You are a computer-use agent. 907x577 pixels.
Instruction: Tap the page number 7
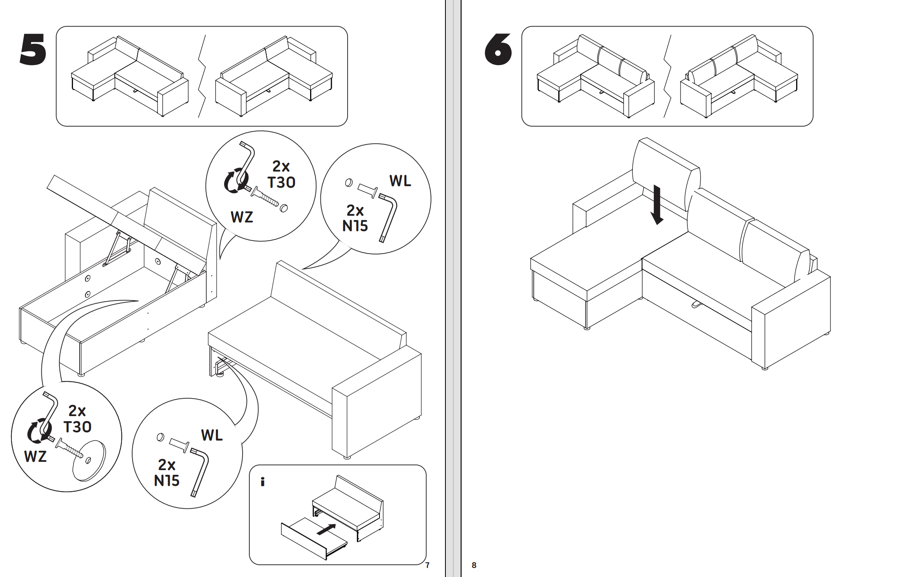coord(427,565)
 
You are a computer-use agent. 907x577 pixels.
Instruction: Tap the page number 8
coord(474,565)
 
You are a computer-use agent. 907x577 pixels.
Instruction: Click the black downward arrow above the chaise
coord(657,205)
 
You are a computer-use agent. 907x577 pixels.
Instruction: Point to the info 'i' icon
coord(263,482)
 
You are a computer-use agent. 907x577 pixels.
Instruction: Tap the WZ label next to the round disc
coord(35,457)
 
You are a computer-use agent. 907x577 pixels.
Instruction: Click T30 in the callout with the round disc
coord(77,427)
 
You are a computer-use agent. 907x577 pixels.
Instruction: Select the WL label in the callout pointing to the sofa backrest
coord(400,181)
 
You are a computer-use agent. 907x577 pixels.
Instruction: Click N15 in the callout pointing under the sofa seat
coord(166,481)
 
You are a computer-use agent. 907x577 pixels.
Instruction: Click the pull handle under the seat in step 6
coord(695,304)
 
